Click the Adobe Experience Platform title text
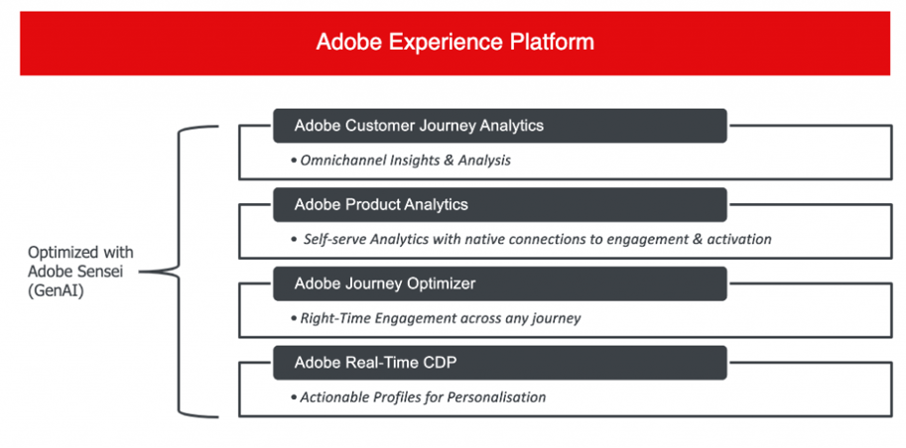[454, 43]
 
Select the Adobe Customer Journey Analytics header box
[500, 125]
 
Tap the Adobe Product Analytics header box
[500, 204]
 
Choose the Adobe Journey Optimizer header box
[500, 283]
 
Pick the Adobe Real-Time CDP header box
[500, 363]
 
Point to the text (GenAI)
[56, 291]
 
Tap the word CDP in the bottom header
[442, 363]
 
